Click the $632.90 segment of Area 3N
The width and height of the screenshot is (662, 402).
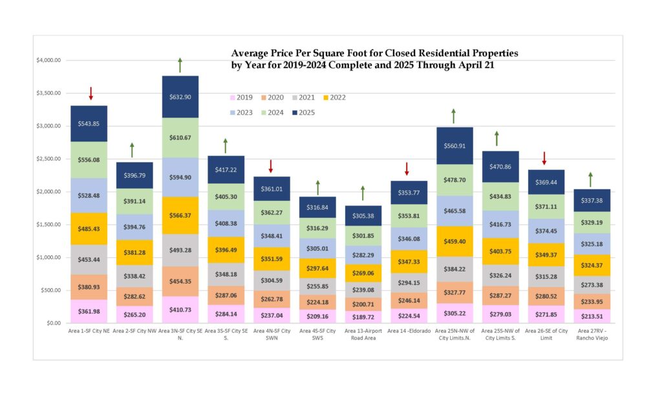point(180,97)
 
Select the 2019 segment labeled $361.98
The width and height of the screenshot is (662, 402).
point(89,312)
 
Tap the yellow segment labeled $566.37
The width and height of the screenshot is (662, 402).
point(180,215)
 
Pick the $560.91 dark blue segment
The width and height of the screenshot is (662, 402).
point(454,145)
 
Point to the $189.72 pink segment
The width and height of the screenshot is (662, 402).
point(363,317)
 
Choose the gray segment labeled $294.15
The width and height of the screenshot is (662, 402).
point(409,282)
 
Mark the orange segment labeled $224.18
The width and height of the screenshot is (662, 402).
point(317,302)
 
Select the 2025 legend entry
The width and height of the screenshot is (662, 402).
point(303,112)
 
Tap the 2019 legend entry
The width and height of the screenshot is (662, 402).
point(240,98)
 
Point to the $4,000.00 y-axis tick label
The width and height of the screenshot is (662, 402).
point(49,61)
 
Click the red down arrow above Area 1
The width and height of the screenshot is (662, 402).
point(91,93)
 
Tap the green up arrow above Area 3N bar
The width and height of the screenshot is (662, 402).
point(180,65)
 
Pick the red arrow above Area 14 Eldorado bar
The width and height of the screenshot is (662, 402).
point(407,169)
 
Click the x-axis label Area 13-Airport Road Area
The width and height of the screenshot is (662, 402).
point(363,334)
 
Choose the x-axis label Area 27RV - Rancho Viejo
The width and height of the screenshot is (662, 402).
point(590,334)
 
